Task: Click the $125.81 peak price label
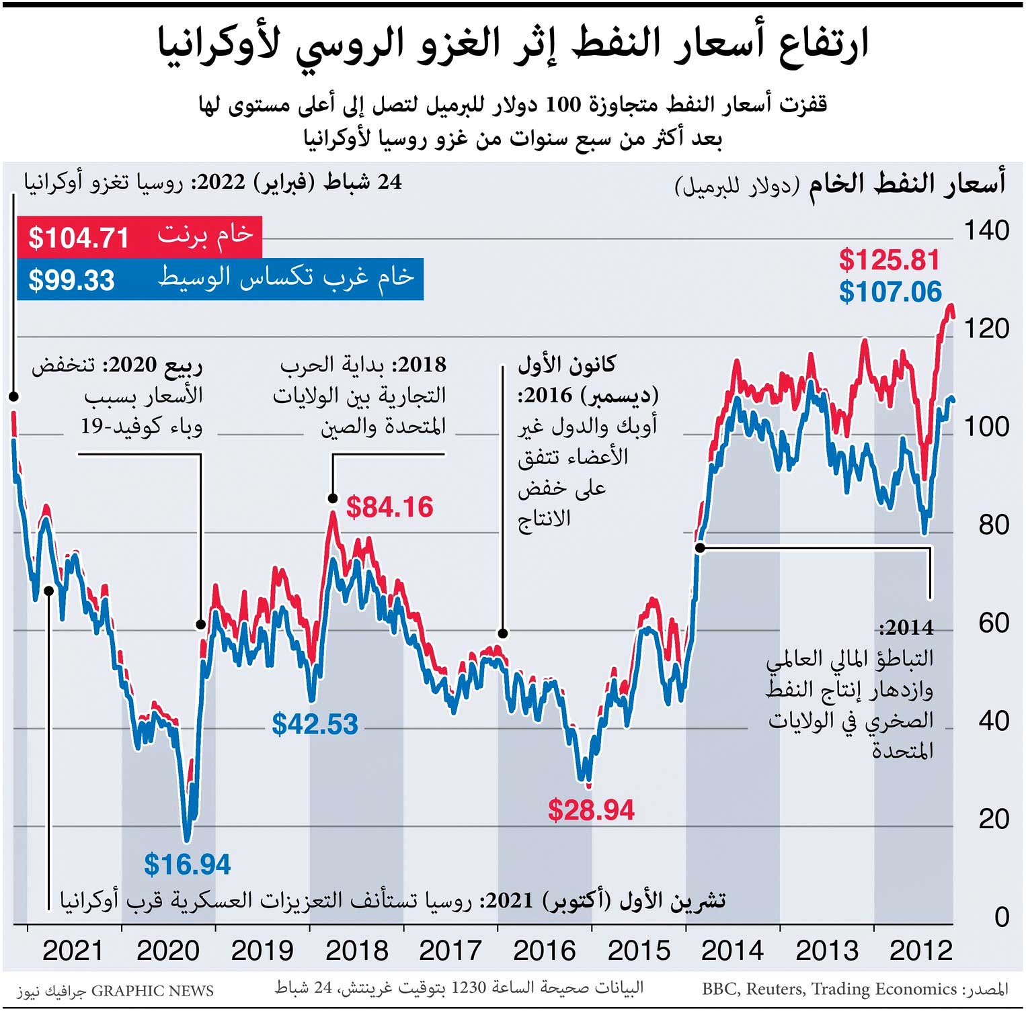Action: [x=889, y=260]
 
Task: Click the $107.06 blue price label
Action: [x=890, y=292]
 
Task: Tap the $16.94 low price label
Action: [x=187, y=865]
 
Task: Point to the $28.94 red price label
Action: [x=591, y=810]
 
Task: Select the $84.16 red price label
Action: [x=389, y=507]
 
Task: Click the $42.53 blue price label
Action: [x=315, y=724]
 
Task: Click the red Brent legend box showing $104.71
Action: [x=139, y=236]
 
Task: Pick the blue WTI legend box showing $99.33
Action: [x=220, y=279]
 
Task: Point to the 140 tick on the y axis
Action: [x=986, y=230]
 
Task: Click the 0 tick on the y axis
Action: [x=1001, y=916]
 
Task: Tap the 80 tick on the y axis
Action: [x=993, y=525]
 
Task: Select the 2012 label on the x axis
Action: [x=920, y=951]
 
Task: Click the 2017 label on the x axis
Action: [x=450, y=951]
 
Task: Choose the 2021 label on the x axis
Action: [x=73, y=951]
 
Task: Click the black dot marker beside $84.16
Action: [x=332, y=498]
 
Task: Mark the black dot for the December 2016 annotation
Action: [x=502, y=633]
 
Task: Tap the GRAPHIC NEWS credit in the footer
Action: [x=152, y=991]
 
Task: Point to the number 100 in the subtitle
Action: [x=562, y=105]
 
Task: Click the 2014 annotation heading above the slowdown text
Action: [x=906, y=627]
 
